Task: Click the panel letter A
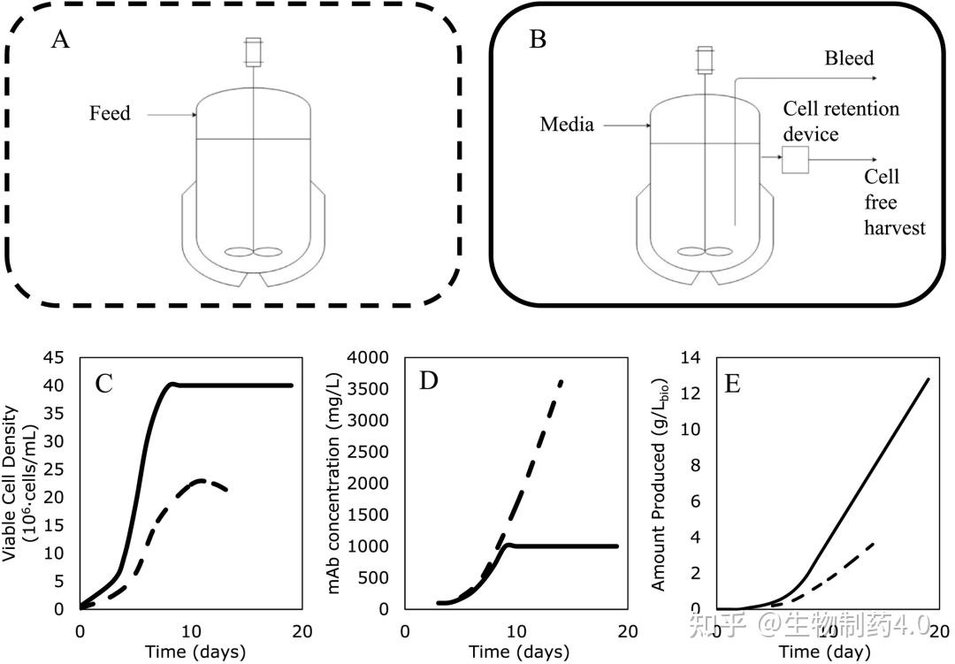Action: (x=60, y=40)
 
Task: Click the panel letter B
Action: (x=538, y=40)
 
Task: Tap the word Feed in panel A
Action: (x=110, y=113)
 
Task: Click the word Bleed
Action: (x=849, y=59)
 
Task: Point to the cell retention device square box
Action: (x=795, y=159)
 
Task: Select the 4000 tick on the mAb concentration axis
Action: (x=370, y=357)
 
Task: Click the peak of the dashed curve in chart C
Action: (x=203, y=480)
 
